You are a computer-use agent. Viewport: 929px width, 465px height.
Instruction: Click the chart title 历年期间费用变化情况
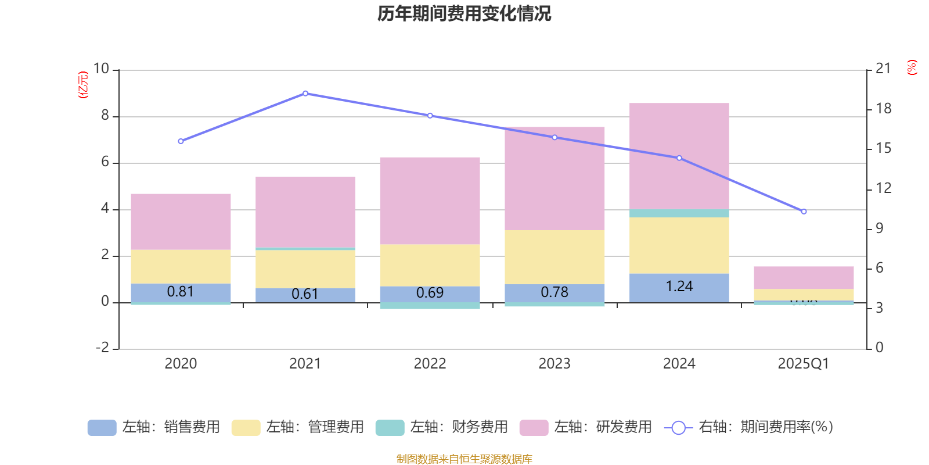click(464, 13)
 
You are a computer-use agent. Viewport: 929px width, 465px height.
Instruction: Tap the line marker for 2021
click(305, 94)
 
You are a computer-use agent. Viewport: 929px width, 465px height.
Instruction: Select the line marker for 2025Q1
click(804, 212)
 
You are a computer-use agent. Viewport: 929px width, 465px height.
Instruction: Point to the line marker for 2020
click(181, 141)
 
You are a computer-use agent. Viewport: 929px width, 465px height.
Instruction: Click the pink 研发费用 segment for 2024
click(679, 156)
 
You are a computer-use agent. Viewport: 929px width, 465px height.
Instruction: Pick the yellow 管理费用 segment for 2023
click(554, 257)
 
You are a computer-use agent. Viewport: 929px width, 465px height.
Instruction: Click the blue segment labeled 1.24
click(679, 287)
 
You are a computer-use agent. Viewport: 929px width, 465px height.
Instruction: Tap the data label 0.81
click(181, 292)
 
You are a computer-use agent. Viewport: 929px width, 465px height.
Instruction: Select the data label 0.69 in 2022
click(430, 293)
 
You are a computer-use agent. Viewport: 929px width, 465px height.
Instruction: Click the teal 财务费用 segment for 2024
click(679, 213)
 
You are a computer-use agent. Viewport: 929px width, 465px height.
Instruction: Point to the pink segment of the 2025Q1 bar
click(804, 278)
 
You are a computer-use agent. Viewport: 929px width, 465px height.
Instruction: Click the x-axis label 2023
click(554, 364)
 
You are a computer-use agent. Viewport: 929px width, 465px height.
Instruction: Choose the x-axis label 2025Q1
click(804, 364)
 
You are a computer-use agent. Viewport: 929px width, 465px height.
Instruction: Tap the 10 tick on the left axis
click(102, 69)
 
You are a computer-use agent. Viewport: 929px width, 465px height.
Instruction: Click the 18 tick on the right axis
click(883, 109)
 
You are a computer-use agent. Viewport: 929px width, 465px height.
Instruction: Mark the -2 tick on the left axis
click(102, 348)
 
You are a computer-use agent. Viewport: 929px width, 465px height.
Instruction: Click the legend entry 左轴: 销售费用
click(154, 427)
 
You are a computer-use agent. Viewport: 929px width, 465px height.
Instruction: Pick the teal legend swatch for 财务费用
click(390, 428)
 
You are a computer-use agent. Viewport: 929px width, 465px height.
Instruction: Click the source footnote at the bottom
click(464, 459)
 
